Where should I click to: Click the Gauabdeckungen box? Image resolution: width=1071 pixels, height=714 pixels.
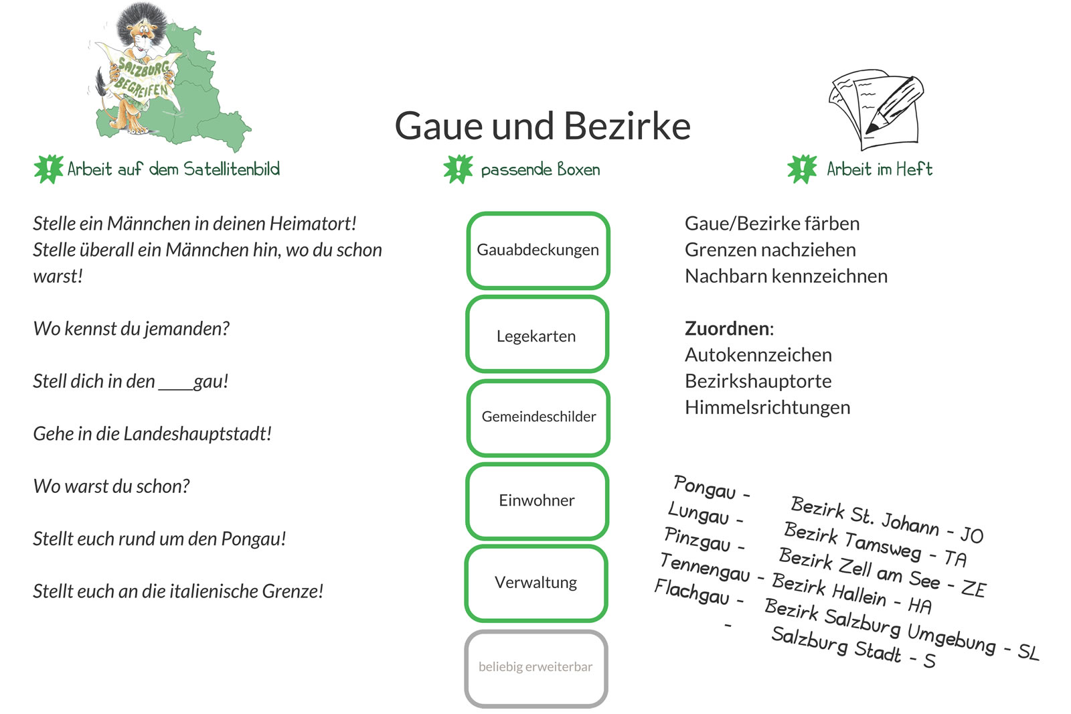(x=538, y=251)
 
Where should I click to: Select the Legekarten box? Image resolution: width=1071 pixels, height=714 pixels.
(x=537, y=334)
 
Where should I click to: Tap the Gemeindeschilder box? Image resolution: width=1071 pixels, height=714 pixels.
(x=538, y=417)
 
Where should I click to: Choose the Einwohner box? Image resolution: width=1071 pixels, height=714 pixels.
(x=537, y=501)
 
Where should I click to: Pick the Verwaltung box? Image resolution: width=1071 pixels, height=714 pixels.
(x=536, y=583)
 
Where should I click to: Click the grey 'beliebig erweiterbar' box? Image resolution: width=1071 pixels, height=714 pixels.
(x=536, y=668)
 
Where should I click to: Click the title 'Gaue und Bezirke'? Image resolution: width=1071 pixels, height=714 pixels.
(x=543, y=126)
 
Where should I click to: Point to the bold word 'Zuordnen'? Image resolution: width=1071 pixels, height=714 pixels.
(x=727, y=328)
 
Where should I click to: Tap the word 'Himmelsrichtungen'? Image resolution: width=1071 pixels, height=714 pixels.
(x=767, y=408)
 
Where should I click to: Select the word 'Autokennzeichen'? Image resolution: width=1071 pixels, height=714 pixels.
(x=758, y=355)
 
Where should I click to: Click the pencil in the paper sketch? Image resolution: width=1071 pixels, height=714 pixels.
(x=895, y=104)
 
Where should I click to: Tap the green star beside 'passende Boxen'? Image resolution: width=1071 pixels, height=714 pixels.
(x=458, y=169)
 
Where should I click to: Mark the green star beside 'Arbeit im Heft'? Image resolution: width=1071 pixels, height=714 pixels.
(x=803, y=169)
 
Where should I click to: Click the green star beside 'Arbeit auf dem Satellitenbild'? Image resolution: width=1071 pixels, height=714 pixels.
(x=48, y=169)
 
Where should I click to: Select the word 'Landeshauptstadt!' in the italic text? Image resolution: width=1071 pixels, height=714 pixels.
(x=197, y=434)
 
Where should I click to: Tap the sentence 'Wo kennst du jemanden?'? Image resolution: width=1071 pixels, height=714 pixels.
(x=131, y=329)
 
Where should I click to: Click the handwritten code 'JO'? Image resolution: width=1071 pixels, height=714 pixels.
(x=971, y=534)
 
